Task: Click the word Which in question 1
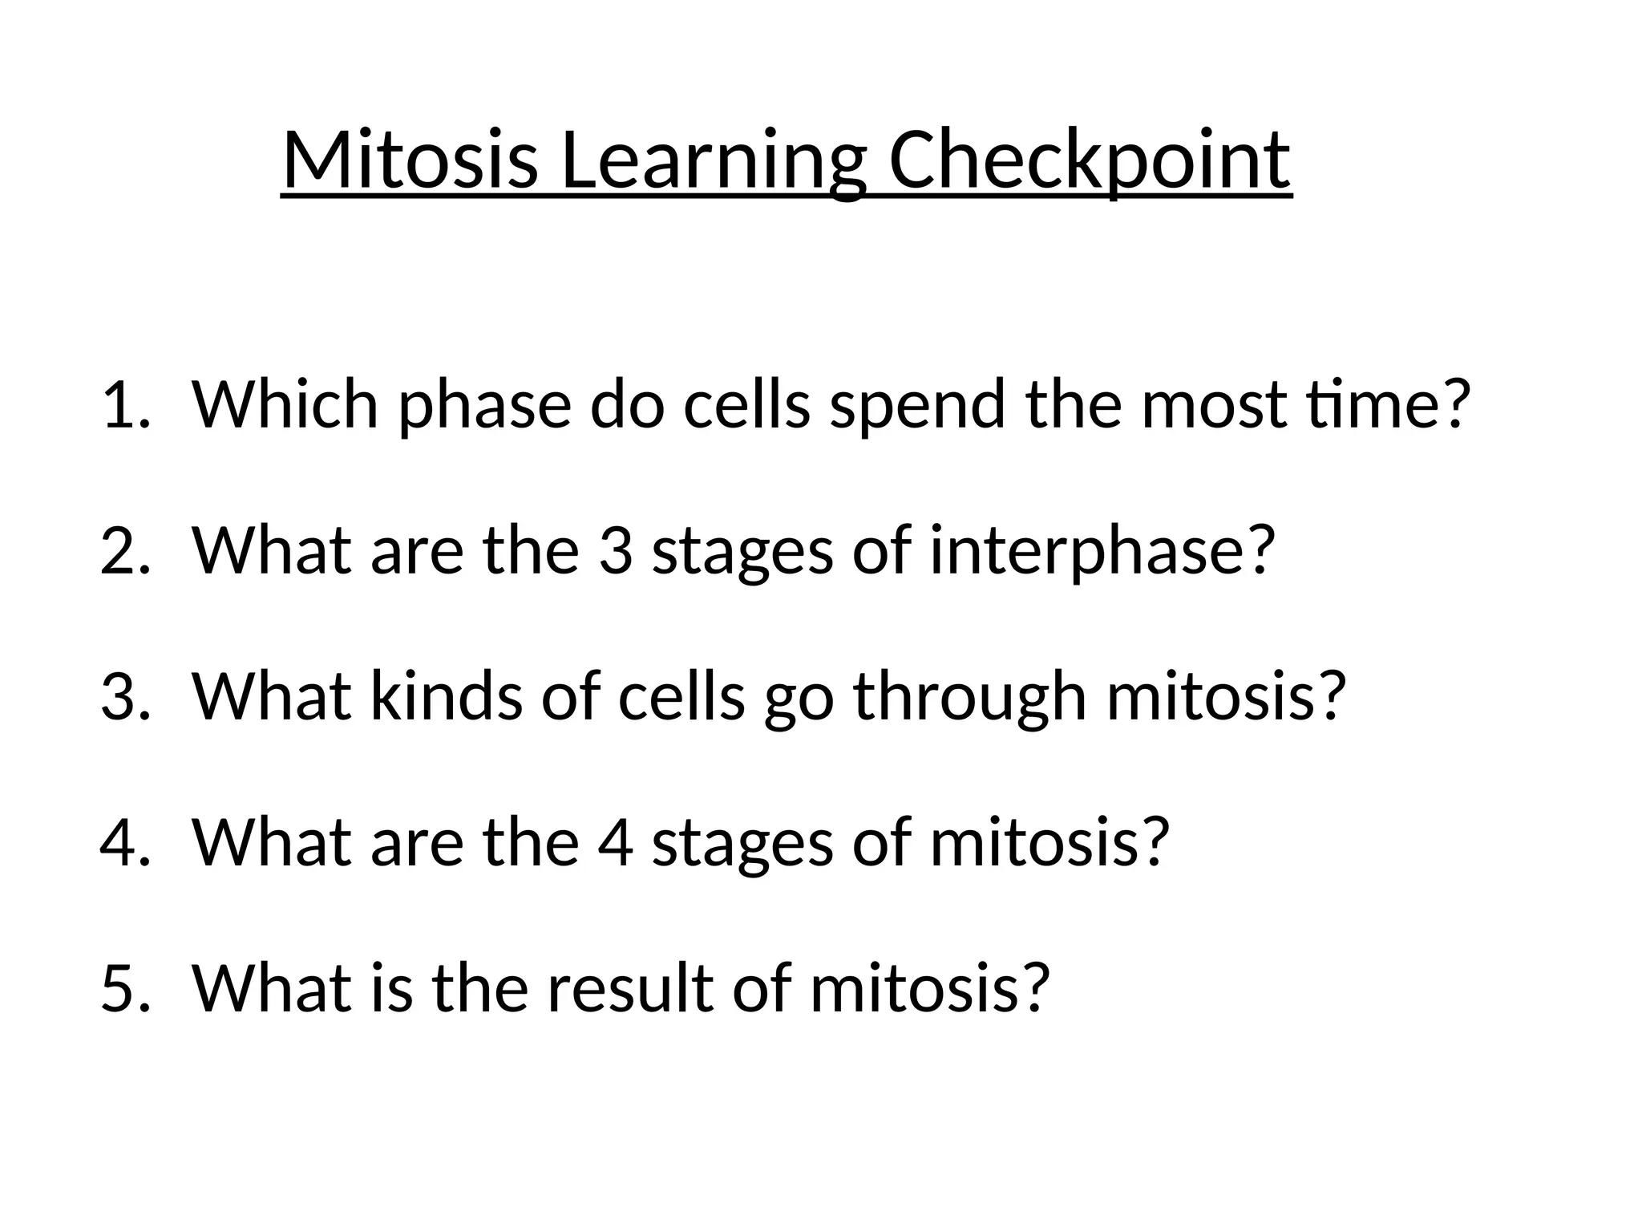pos(285,405)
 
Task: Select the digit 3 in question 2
pos(615,551)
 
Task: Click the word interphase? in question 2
pos(1102,551)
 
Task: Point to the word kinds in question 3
pos(446,696)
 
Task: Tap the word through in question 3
pos(970,696)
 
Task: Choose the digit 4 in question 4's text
pos(615,842)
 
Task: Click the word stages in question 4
pos(742,842)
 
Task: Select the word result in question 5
pos(630,988)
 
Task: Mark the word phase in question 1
pos(484,405)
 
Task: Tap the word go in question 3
pos(799,696)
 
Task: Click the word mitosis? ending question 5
pos(929,988)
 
